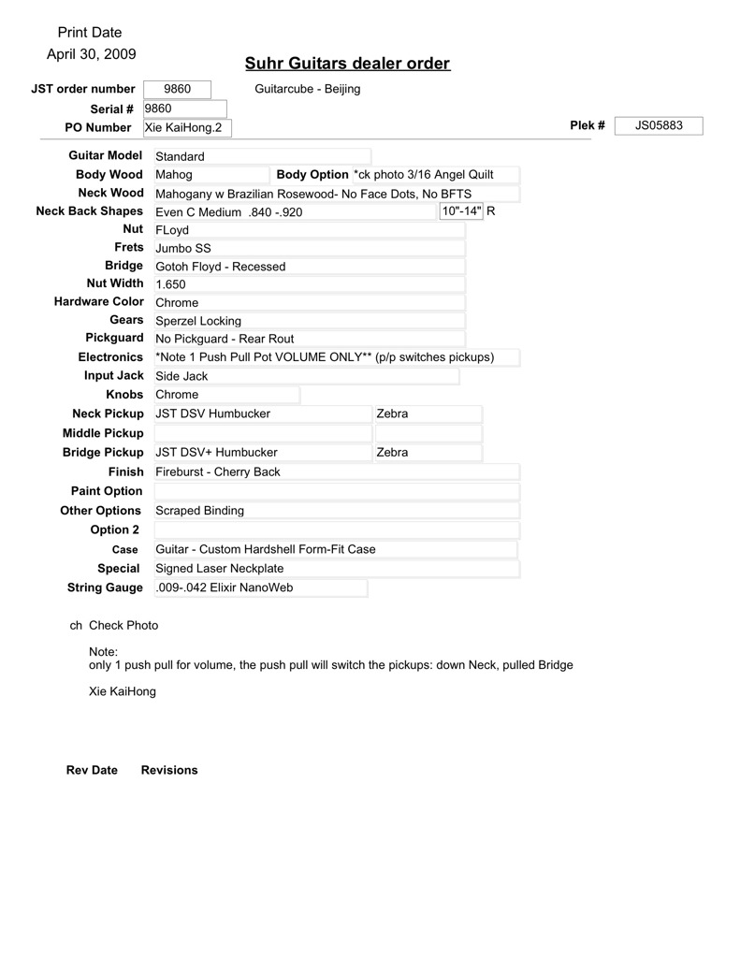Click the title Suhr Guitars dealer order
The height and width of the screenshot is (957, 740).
[x=347, y=64]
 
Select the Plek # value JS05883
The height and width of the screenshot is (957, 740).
[x=659, y=125]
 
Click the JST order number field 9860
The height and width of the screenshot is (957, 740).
[x=177, y=89]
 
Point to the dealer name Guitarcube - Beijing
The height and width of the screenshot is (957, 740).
[x=307, y=89]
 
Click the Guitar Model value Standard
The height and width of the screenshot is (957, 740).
[x=180, y=156]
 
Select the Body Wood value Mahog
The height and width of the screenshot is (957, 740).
[x=174, y=175]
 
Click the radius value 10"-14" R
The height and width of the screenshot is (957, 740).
[x=467, y=210]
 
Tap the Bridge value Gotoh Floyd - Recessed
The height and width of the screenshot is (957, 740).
[x=220, y=267]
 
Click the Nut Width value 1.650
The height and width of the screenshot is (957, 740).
[x=170, y=284]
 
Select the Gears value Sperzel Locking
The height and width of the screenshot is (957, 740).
[x=198, y=321]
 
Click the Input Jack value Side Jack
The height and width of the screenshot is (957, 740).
[x=181, y=376]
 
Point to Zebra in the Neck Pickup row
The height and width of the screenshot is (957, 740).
[x=392, y=413]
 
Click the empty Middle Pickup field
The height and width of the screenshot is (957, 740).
[x=261, y=433]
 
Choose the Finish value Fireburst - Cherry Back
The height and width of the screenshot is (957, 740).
[x=217, y=472]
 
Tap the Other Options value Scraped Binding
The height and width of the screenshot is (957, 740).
[x=199, y=511]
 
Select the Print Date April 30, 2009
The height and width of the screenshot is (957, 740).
[x=91, y=54]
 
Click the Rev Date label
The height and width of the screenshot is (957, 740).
[x=92, y=770]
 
